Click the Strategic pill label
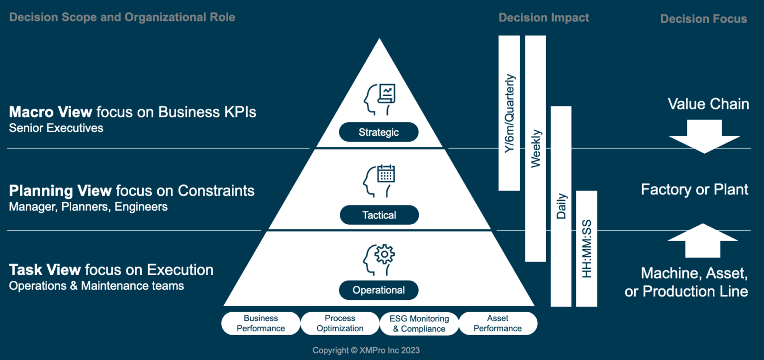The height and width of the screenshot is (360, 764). pos(379,132)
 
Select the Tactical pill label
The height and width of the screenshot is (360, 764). pos(380,215)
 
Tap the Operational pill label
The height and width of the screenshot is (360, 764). pos(379,290)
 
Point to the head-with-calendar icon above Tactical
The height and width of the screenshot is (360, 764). pos(379,178)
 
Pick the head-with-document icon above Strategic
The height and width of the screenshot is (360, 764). pos(379,98)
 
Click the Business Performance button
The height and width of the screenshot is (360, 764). pos(261,323)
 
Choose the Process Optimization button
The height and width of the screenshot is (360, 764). pos(340,323)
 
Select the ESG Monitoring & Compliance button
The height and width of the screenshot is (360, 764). pos(419,324)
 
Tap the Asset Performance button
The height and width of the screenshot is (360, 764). pos(497,323)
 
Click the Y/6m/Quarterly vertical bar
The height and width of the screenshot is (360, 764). pos(509,113)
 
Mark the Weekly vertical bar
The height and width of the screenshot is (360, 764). pos(535,148)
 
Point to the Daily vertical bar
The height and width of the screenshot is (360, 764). pos(561,206)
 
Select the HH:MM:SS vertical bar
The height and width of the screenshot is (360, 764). pos(586,248)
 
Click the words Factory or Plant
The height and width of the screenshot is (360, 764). pos(694,189)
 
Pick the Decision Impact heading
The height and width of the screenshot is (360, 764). pos(544,18)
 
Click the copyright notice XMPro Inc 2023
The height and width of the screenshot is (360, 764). pos(366,351)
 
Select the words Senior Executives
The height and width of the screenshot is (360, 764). pos(56,128)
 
